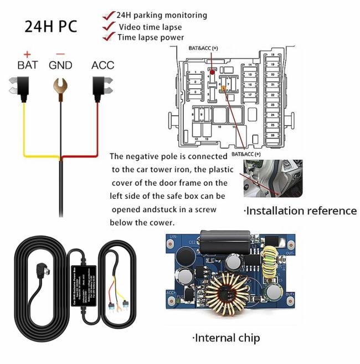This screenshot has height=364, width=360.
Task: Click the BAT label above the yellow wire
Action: (x=28, y=65)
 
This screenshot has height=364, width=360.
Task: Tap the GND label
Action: (x=60, y=65)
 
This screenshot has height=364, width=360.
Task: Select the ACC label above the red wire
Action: (x=102, y=65)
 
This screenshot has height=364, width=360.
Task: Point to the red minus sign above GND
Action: (x=60, y=53)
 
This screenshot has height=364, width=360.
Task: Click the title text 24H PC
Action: (x=50, y=26)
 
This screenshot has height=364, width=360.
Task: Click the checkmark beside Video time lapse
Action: (x=109, y=27)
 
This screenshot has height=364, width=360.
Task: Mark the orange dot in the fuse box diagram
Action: (x=223, y=88)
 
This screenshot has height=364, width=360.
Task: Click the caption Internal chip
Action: (x=225, y=337)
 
